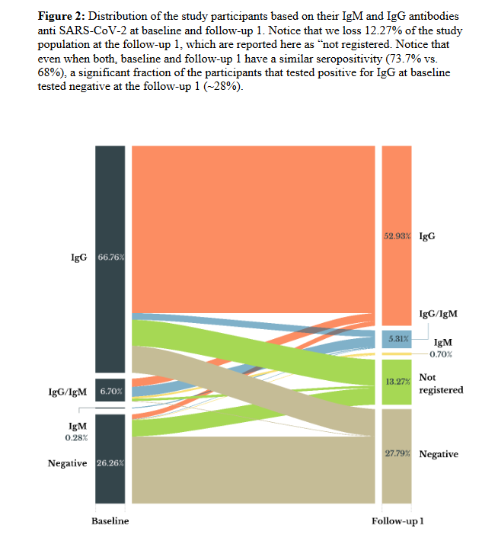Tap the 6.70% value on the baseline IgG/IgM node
coord(111,392)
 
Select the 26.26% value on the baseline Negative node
coord(111,463)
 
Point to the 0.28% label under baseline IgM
coord(75,438)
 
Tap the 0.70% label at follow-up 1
coord(441,354)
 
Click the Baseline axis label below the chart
coord(110,521)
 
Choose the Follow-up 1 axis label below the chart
coord(397,521)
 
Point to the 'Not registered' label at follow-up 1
coord(441,383)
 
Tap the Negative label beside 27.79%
coord(439,454)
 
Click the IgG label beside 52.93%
coord(427,237)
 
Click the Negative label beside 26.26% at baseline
coord(67,463)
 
